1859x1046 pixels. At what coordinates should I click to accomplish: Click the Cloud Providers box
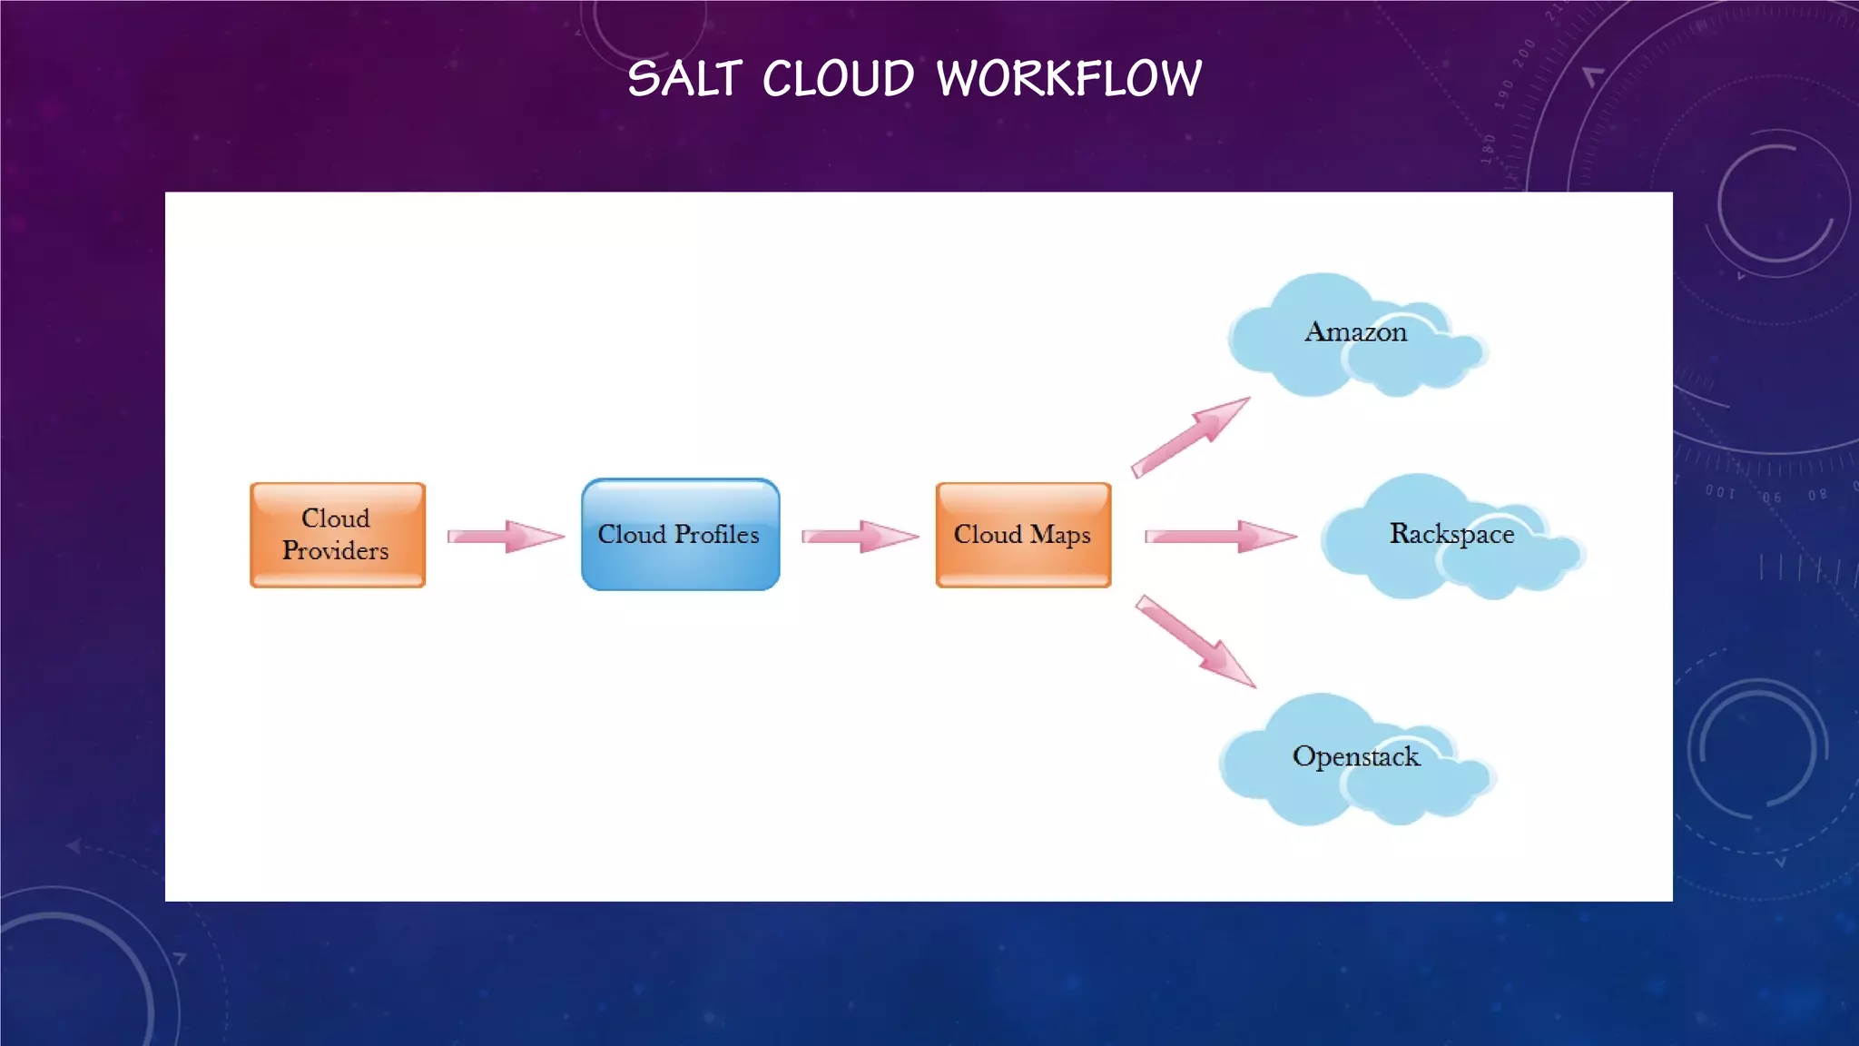(337, 535)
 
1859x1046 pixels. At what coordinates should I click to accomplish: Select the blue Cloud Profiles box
(680, 535)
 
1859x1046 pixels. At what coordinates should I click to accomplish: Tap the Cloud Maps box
(1023, 535)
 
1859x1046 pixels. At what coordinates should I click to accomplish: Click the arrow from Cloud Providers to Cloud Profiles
(505, 536)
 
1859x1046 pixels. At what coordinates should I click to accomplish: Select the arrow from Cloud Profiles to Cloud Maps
(859, 536)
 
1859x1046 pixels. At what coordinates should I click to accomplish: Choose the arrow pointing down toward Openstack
(1195, 641)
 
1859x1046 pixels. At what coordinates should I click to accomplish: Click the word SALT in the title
(684, 79)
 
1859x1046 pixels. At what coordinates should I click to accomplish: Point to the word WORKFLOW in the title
(1068, 79)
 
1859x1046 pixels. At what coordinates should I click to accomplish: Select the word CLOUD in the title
(838, 79)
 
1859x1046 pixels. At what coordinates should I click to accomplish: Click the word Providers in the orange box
(335, 550)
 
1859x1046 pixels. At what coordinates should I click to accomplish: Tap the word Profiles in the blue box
(716, 534)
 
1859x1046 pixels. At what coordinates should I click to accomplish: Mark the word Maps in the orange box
(1059, 535)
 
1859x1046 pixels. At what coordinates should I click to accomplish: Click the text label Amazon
(1355, 332)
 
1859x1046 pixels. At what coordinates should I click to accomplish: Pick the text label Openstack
(1355, 756)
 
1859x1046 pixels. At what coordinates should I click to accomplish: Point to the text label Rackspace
(1451, 534)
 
